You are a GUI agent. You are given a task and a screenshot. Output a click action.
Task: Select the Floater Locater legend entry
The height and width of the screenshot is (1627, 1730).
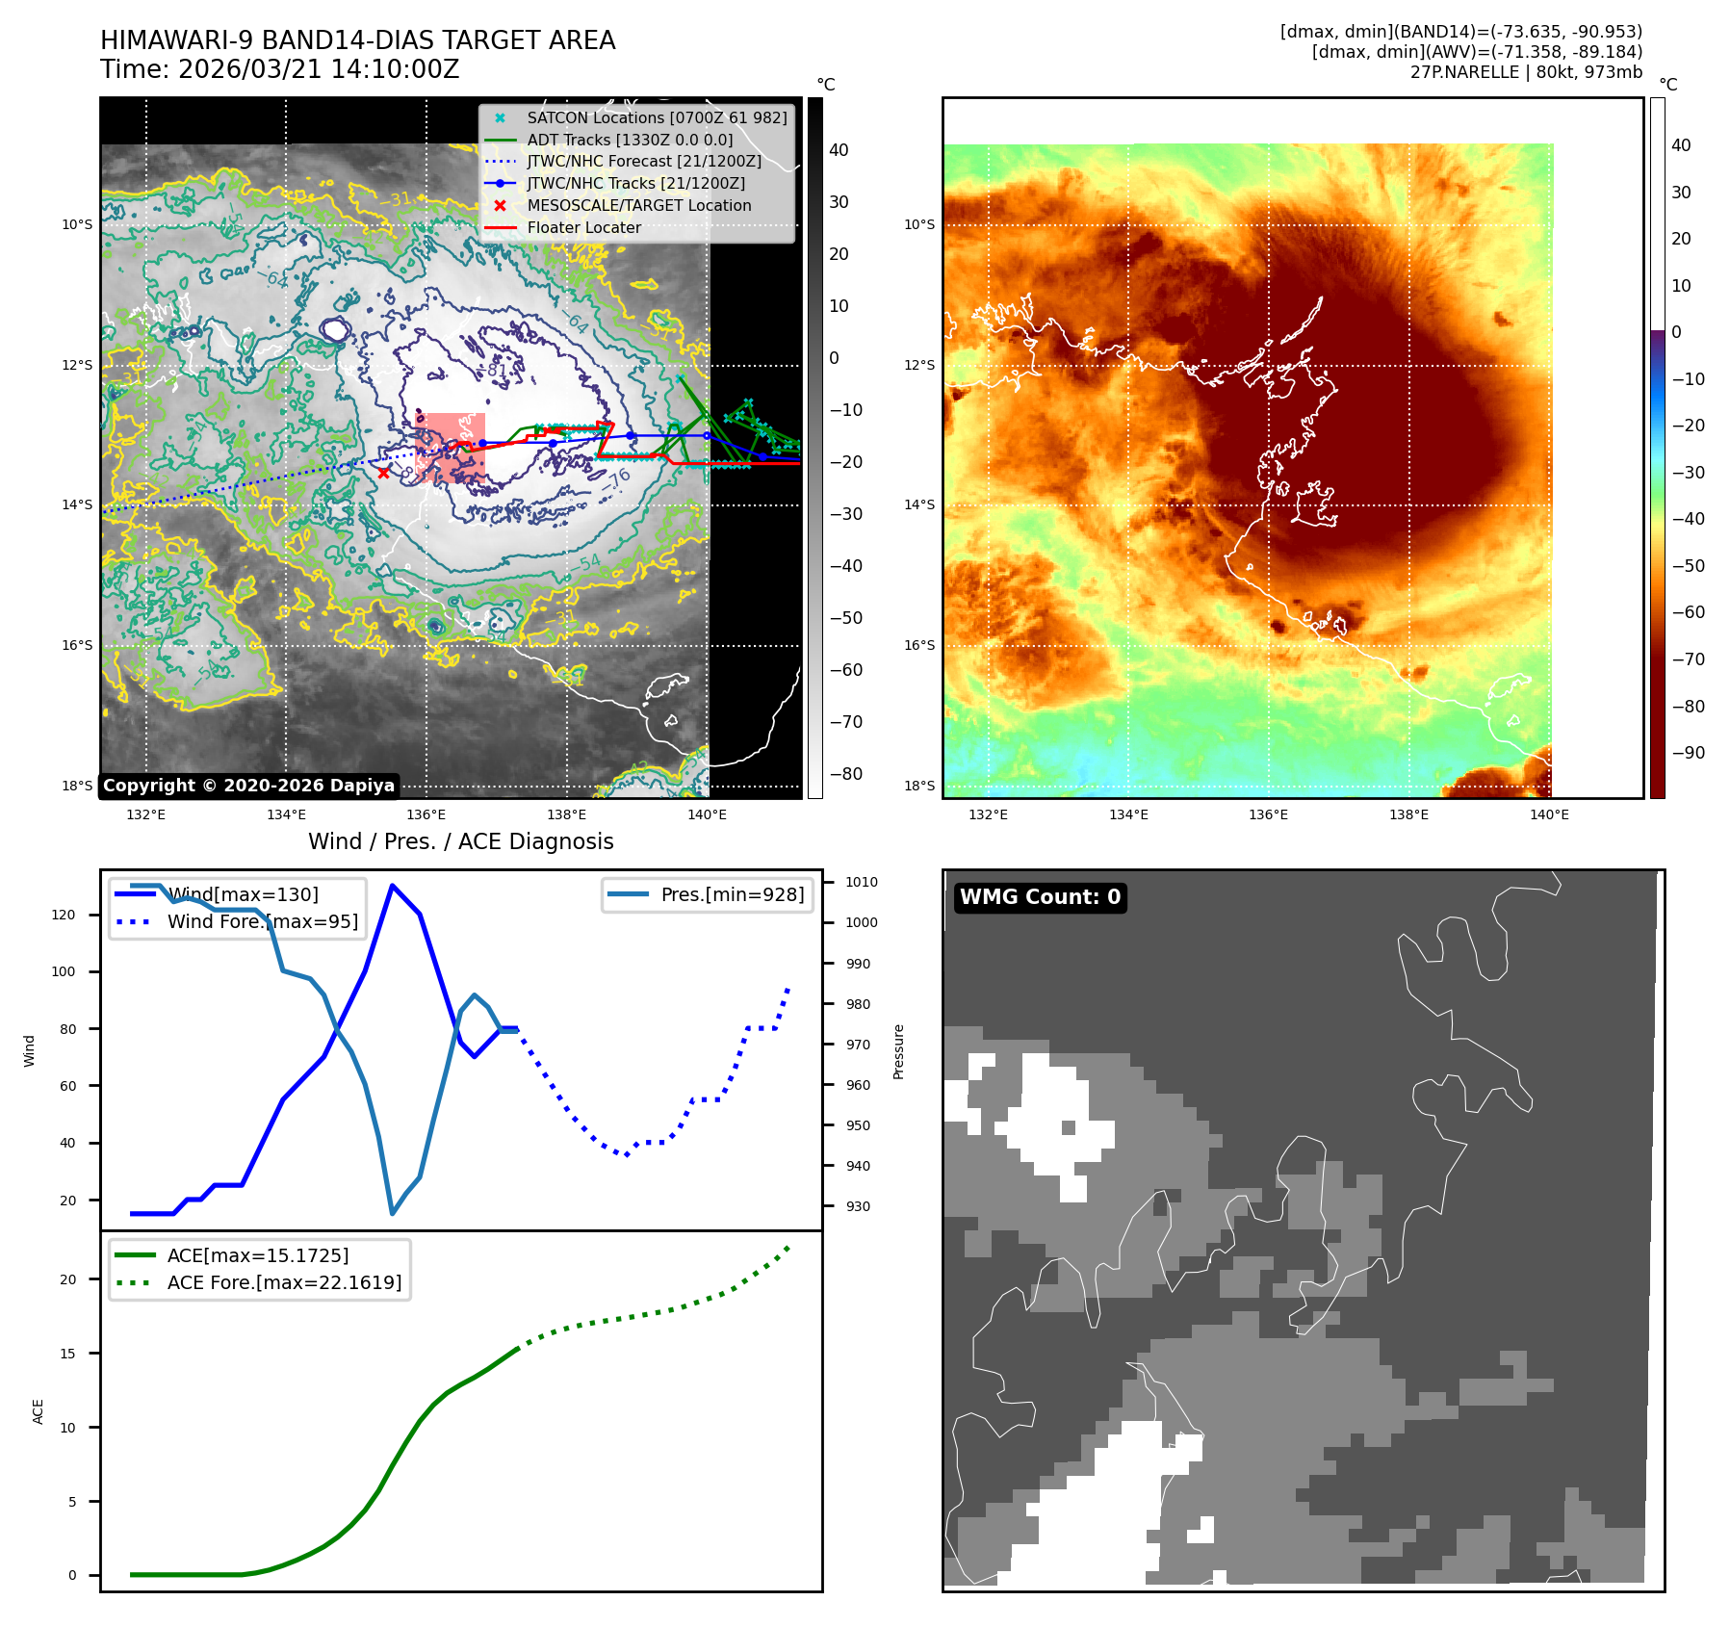coord(583,228)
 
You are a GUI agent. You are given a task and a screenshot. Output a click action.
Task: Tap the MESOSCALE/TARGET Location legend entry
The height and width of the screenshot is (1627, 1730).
coord(638,206)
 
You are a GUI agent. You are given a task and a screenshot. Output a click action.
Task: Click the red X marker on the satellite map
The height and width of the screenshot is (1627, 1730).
coord(384,473)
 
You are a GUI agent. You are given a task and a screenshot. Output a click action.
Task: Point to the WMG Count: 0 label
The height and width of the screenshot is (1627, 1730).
coord(1040,897)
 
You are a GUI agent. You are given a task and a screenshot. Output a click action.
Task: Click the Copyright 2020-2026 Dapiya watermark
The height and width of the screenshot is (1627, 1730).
coord(248,786)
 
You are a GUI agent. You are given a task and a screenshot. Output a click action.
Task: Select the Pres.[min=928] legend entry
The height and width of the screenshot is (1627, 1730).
coord(732,894)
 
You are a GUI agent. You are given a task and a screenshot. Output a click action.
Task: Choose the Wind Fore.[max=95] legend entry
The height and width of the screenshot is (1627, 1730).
coord(262,921)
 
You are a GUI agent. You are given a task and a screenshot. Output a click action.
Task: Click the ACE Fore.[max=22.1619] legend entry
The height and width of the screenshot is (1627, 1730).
coord(284,1282)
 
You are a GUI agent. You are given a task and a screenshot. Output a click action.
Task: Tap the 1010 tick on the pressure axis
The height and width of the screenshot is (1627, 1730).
coord(862,882)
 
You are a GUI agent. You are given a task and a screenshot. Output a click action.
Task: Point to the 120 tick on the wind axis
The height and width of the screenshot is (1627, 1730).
coord(64,915)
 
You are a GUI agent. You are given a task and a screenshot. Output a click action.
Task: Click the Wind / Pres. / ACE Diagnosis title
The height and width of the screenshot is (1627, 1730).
coord(460,841)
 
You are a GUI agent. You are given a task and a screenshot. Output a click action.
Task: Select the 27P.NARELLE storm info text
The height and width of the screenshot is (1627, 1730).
coord(1526,72)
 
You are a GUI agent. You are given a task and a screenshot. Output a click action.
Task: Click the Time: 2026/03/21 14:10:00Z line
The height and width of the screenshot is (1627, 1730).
coord(280,70)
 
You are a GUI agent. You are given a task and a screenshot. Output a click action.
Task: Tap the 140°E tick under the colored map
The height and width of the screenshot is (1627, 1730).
coord(1549,814)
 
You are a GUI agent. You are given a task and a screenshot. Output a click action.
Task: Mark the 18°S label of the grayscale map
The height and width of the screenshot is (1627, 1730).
coord(77,786)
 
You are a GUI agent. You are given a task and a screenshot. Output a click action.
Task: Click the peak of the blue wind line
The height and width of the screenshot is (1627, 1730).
coord(392,885)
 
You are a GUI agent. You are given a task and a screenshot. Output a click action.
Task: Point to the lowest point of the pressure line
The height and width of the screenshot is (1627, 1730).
coord(392,1213)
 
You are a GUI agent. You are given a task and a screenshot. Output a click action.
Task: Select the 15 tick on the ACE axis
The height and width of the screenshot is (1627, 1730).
coord(67,1354)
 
